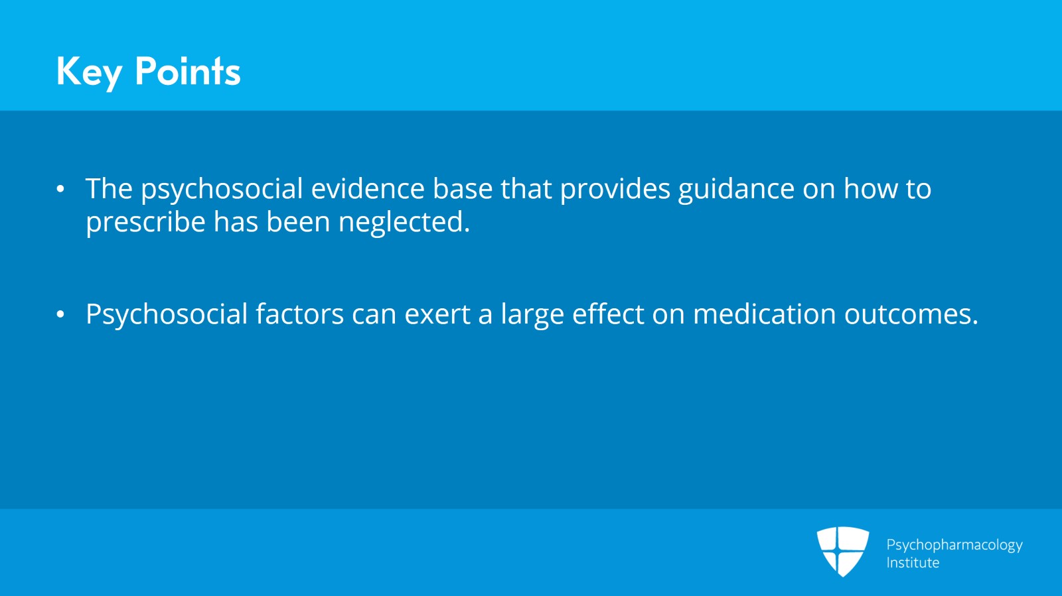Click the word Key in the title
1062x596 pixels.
tap(89, 72)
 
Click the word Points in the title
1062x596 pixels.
tap(188, 71)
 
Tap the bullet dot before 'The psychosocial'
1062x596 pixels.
tap(60, 189)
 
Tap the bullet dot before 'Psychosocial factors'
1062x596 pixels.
tap(60, 314)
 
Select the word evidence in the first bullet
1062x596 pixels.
tap(368, 188)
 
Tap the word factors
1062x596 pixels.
tap(299, 314)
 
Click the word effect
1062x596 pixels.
tap(608, 314)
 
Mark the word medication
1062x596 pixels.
tap(764, 314)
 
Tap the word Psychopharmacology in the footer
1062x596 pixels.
tap(954, 546)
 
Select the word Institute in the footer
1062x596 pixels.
tap(913, 563)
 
